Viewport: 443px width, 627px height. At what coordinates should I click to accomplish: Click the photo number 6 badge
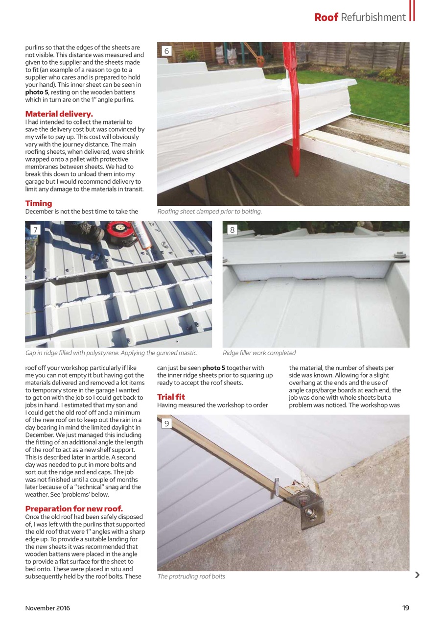click(x=166, y=51)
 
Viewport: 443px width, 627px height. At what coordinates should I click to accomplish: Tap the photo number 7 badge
click(x=35, y=230)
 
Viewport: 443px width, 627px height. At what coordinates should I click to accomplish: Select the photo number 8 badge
click(x=232, y=230)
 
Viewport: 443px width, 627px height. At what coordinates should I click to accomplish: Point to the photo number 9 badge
click(x=166, y=423)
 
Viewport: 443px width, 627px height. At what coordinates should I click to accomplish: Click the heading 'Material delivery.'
click(x=59, y=114)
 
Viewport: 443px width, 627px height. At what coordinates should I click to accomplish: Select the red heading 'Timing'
click(x=39, y=203)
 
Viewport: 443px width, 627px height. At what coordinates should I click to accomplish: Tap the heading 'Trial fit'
click(x=171, y=397)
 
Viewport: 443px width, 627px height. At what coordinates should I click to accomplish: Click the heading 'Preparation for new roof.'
click(x=74, y=508)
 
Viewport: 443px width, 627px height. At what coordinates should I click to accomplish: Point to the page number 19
click(x=405, y=608)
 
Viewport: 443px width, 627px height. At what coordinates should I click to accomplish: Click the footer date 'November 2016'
click(x=47, y=608)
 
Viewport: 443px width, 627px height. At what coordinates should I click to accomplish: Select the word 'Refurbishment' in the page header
click(x=373, y=18)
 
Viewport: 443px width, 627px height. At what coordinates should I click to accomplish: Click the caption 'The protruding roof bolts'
click(x=191, y=577)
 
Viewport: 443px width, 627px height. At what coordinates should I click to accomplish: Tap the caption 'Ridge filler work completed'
click(x=259, y=353)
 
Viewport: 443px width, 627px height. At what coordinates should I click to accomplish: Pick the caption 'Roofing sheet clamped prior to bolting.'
click(x=210, y=212)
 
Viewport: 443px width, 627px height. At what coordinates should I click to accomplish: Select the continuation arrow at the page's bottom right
click(x=417, y=575)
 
